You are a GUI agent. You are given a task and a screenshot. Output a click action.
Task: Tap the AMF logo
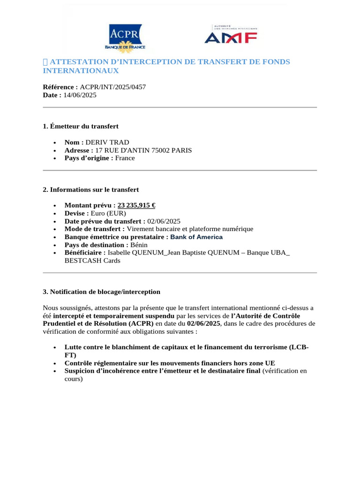(231, 35)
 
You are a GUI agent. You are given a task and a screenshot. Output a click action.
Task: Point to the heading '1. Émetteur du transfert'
(81, 126)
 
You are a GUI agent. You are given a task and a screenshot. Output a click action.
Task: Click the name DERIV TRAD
(107, 142)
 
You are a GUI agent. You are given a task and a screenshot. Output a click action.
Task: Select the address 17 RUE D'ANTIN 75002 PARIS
(143, 150)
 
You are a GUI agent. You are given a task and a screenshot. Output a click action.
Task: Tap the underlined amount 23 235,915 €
(136, 205)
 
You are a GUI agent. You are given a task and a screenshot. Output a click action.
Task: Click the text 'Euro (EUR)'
(108, 213)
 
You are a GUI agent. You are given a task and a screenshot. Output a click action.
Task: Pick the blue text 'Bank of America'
(196, 237)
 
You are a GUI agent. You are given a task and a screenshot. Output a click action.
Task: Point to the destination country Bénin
(139, 245)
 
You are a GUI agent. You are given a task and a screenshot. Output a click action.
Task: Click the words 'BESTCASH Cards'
(92, 261)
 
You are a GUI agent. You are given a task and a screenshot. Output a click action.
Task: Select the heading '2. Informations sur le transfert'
(91, 189)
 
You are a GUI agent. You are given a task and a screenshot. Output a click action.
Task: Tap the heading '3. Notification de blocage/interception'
(102, 292)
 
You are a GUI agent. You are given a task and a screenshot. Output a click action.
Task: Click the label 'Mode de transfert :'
(95, 229)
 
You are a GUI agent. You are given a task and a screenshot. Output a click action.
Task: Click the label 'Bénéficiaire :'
(85, 253)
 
